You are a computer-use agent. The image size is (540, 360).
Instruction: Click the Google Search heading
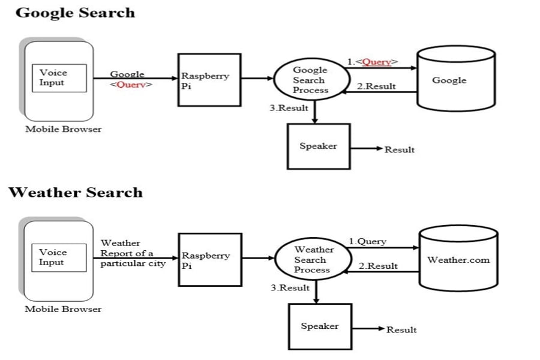pyautogui.click(x=75, y=13)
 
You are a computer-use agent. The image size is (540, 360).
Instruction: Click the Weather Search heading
pyautogui.click(x=76, y=193)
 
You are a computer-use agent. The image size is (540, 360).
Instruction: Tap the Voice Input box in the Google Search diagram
pyautogui.click(x=58, y=78)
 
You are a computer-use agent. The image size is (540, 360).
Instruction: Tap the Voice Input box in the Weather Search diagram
pyautogui.click(x=58, y=257)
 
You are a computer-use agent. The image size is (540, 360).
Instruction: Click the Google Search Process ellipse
pyautogui.click(x=311, y=80)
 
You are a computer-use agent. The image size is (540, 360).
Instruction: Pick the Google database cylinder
pyautogui.click(x=456, y=80)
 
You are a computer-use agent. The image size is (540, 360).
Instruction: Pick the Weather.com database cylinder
pyautogui.click(x=458, y=260)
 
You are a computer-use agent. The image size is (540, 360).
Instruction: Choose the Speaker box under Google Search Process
pyautogui.click(x=319, y=146)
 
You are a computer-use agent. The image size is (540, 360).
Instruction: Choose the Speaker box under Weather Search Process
pyautogui.click(x=320, y=326)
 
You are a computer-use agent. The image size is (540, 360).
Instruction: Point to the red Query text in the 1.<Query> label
pyautogui.click(x=377, y=62)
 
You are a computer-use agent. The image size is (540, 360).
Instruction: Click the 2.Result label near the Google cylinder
pyautogui.click(x=376, y=86)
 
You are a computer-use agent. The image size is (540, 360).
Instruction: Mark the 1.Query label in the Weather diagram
pyautogui.click(x=368, y=242)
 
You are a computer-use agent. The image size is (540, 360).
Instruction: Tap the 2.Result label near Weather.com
pyautogui.click(x=378, y=266)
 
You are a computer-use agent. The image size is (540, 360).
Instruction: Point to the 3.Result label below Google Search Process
pyautogui.click(x=289, y=108)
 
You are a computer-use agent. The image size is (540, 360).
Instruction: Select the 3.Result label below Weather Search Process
pyautogui.click(x=290, y=288)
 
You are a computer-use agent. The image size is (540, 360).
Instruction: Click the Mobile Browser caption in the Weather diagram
pyautogui.click(x=63, y=309)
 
